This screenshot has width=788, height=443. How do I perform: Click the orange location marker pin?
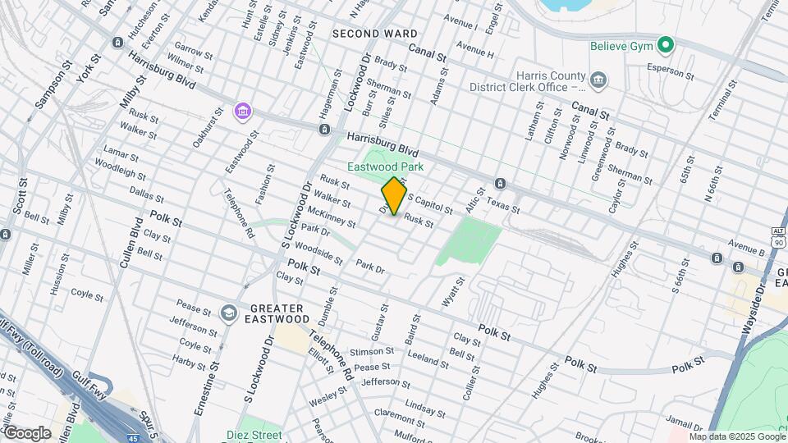(395, 196)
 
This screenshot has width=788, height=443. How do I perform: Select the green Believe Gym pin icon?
(667, 44)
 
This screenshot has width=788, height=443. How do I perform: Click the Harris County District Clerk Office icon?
(599, 80)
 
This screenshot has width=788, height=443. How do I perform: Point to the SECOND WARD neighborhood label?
(374, 34)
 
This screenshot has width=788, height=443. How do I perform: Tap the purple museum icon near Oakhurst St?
(241, 111)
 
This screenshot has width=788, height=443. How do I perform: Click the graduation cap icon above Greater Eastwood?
(228, 313)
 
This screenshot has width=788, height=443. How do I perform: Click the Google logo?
(27, 432)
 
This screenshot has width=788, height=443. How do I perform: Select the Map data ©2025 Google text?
(737, 436)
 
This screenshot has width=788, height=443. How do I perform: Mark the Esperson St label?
(671, 71)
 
